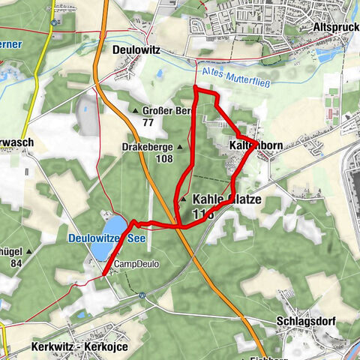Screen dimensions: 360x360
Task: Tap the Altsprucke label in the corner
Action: click(334, 24)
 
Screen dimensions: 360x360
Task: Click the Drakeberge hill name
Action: click(148, 147)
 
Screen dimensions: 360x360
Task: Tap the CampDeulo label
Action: click(136, 264)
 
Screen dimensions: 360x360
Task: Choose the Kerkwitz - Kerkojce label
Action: click(80, 348)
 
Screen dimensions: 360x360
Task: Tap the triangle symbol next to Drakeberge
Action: click(180, 148)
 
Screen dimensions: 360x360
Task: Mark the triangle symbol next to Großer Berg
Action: click(136, 111)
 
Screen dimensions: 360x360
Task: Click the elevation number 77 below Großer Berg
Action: click(148, 122)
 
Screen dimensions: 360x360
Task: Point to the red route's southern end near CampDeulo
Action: click(102, 276)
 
